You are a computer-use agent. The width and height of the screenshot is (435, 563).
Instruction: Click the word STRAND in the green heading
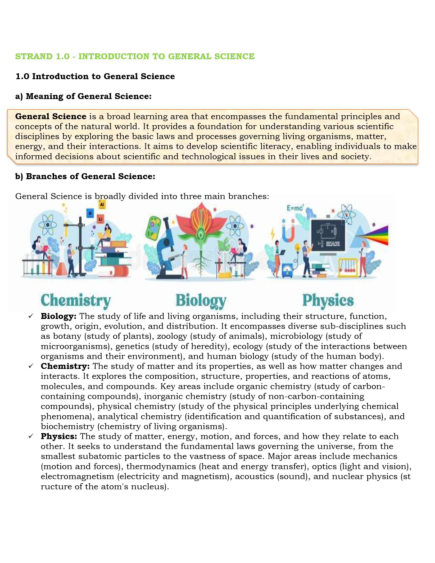[x=34, y=56]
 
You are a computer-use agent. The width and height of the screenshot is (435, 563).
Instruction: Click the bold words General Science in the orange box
[x=51, y=116]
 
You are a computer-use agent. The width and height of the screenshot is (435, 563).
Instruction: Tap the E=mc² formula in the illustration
[x=295, y=208]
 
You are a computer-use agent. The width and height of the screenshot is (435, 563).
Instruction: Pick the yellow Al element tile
[x=102, y=204]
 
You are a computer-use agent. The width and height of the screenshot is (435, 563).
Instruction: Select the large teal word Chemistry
[x=76, y=301]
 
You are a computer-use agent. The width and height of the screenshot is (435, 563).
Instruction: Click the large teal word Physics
[x=328, y=301]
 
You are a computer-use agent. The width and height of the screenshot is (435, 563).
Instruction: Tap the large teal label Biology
[x=201, y=301]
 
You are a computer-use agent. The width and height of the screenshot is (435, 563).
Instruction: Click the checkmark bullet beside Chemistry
[x=31, y=366]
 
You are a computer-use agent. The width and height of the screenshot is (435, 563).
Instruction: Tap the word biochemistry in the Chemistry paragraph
[x=68, y=426]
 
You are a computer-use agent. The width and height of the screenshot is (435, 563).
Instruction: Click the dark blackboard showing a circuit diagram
[x=328, y=235]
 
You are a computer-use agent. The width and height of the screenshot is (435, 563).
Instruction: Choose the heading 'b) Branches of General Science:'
[x=85, y=176]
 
